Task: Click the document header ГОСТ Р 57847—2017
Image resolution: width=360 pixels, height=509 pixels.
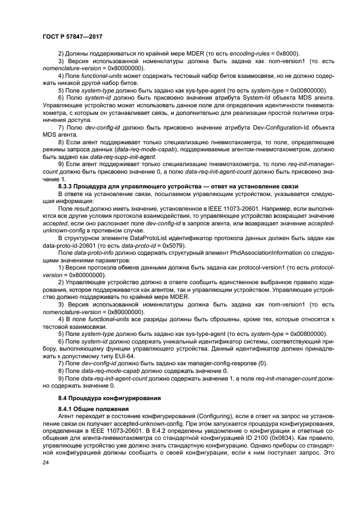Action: (72, 36)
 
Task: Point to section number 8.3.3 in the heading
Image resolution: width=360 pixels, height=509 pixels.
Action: (66, 186)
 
